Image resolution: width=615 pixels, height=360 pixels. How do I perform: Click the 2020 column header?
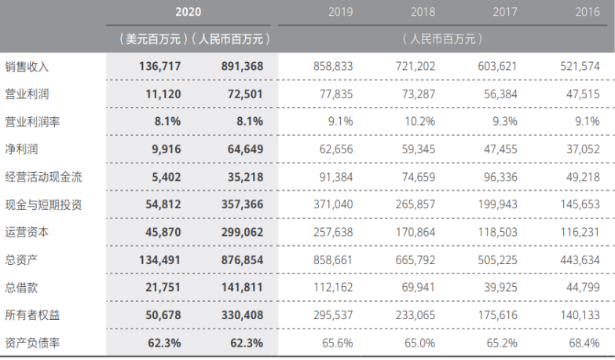[190, 12]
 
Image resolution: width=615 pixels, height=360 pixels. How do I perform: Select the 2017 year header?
[505, 12]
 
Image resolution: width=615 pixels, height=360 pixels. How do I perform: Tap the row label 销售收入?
[27, 67]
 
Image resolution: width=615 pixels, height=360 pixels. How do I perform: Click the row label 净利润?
[22, 149]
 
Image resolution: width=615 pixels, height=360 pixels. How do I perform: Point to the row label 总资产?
[22, 260]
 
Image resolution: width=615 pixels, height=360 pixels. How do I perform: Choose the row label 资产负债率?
[33, 343]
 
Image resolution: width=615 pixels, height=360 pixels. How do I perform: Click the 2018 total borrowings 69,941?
[417, 288]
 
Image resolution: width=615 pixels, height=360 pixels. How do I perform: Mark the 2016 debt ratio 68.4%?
[582, 343]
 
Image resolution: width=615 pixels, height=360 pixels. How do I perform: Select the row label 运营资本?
[27, 233]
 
